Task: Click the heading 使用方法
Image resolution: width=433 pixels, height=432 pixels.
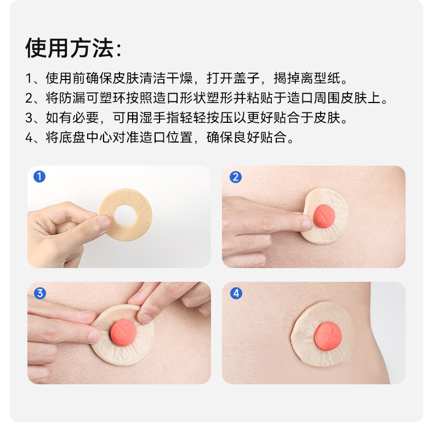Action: (70, 48)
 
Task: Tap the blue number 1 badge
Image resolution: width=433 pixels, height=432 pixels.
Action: (39, 177)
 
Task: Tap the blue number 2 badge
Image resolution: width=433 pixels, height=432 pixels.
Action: (236, 177)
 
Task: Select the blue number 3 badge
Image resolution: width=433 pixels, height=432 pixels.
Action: (40, 293)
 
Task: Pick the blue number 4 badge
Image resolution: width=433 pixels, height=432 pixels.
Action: (236, 293)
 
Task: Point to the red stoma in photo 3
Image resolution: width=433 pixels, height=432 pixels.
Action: (123, 333)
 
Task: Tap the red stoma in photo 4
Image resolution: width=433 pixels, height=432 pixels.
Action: (328, 337)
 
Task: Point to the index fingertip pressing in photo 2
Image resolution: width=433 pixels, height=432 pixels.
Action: (307, 223)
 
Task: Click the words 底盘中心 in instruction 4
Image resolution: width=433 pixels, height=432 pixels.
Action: (86, 137)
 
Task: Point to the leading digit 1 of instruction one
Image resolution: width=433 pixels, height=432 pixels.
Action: (29, 78)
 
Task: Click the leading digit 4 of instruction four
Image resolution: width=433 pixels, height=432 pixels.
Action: (29, 138)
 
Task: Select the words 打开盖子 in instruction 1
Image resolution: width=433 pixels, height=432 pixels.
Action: (233, 78)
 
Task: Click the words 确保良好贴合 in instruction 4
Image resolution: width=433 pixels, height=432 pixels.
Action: (247, 137)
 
